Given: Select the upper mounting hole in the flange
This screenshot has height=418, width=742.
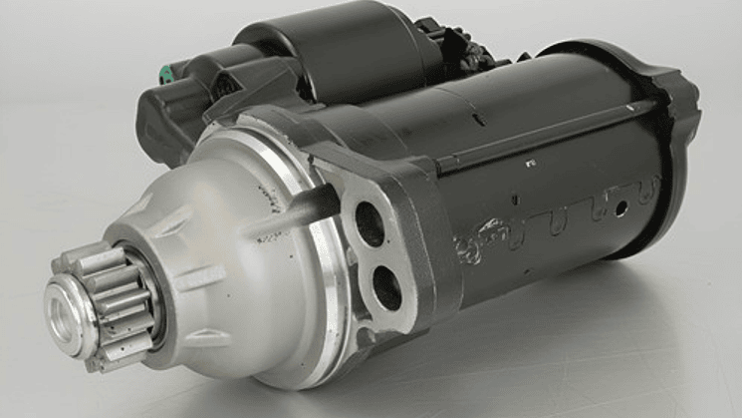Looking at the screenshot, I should pos(370,223).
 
